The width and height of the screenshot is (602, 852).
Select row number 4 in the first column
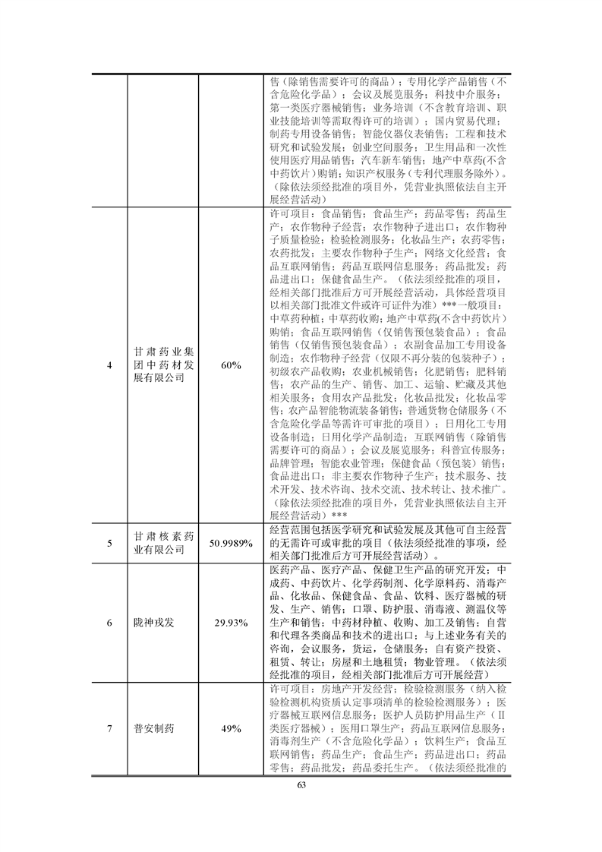(x=109, y=365)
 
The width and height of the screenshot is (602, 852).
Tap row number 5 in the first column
(x=109, y=544)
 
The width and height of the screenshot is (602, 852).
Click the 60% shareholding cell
(x=231, y=365)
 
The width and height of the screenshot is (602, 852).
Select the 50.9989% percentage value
(x=231, y=544)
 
